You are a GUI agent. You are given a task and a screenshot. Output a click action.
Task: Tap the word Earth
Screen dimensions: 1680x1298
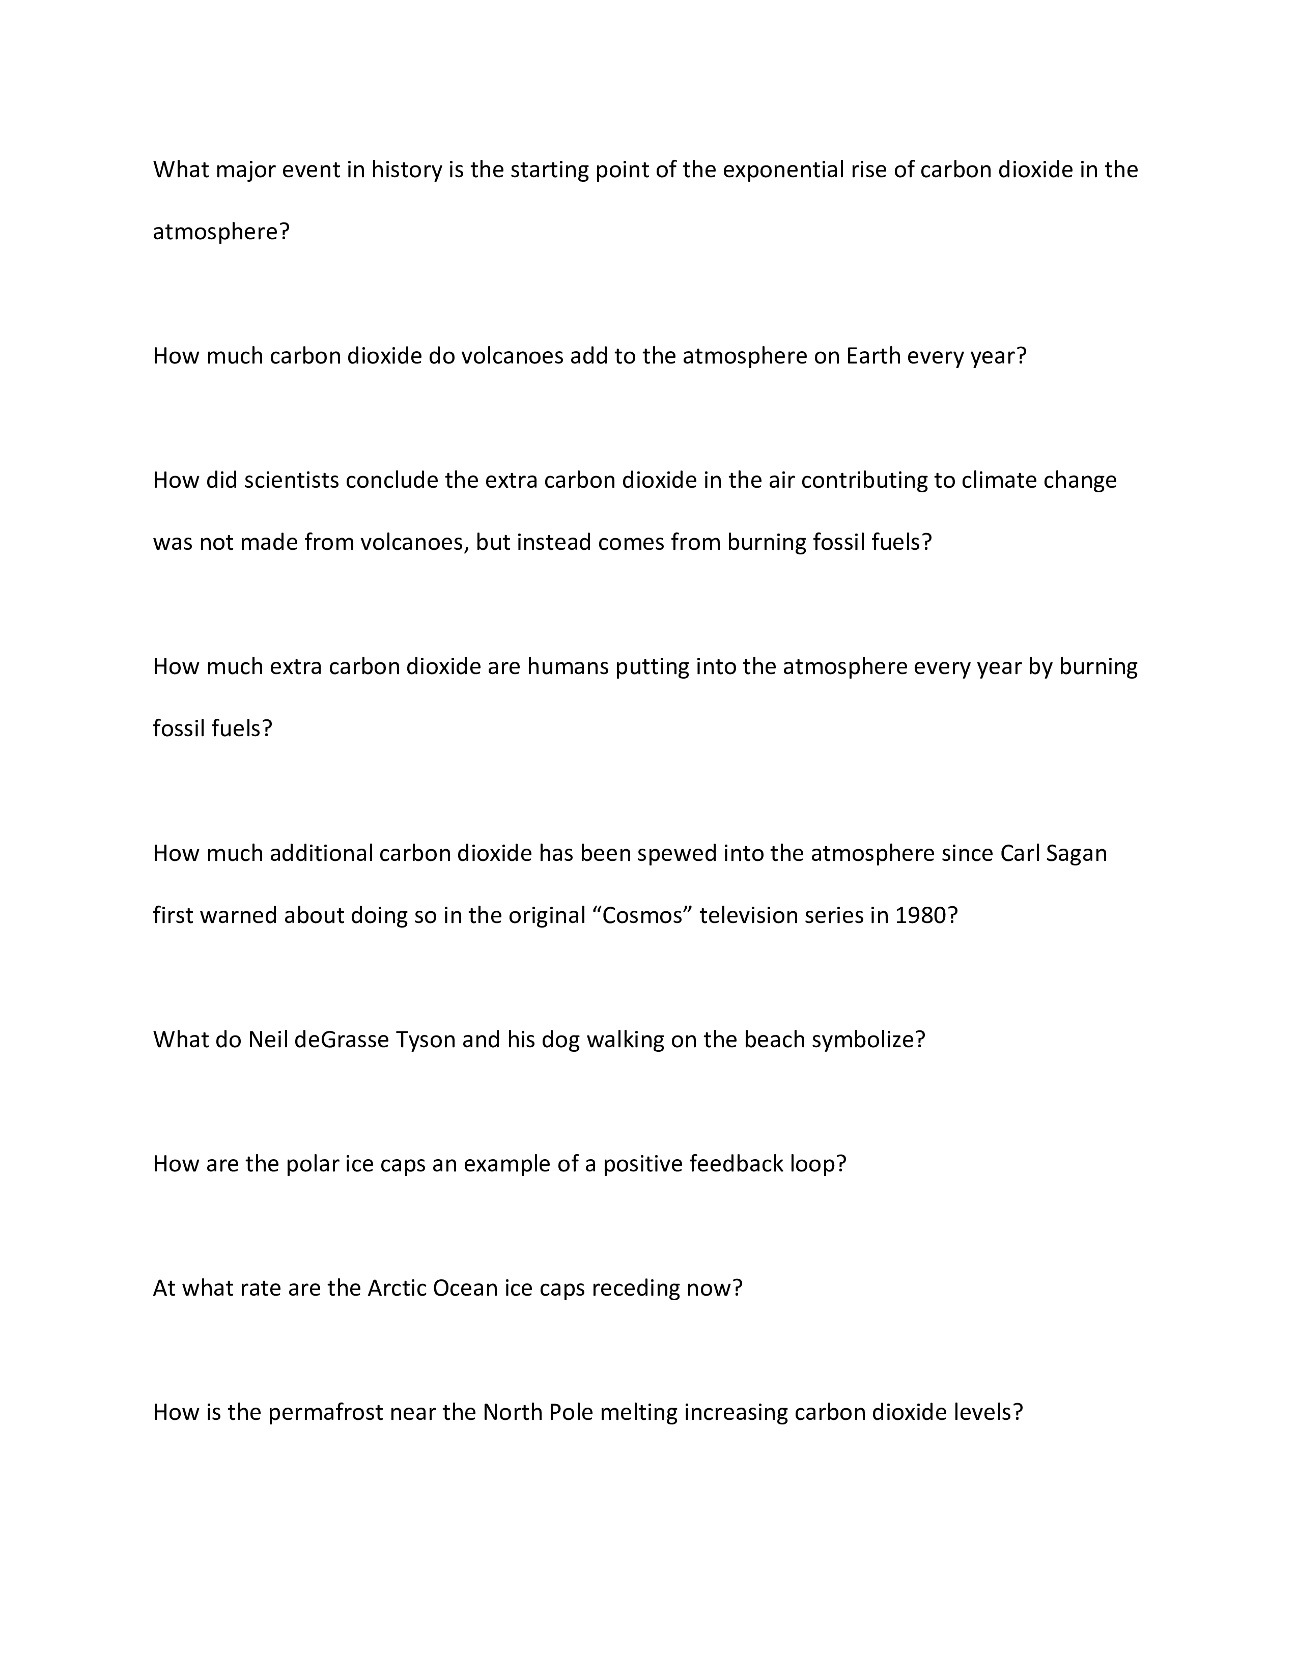(873, 356)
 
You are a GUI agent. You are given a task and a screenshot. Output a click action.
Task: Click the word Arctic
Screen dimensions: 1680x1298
(397, 1289)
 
